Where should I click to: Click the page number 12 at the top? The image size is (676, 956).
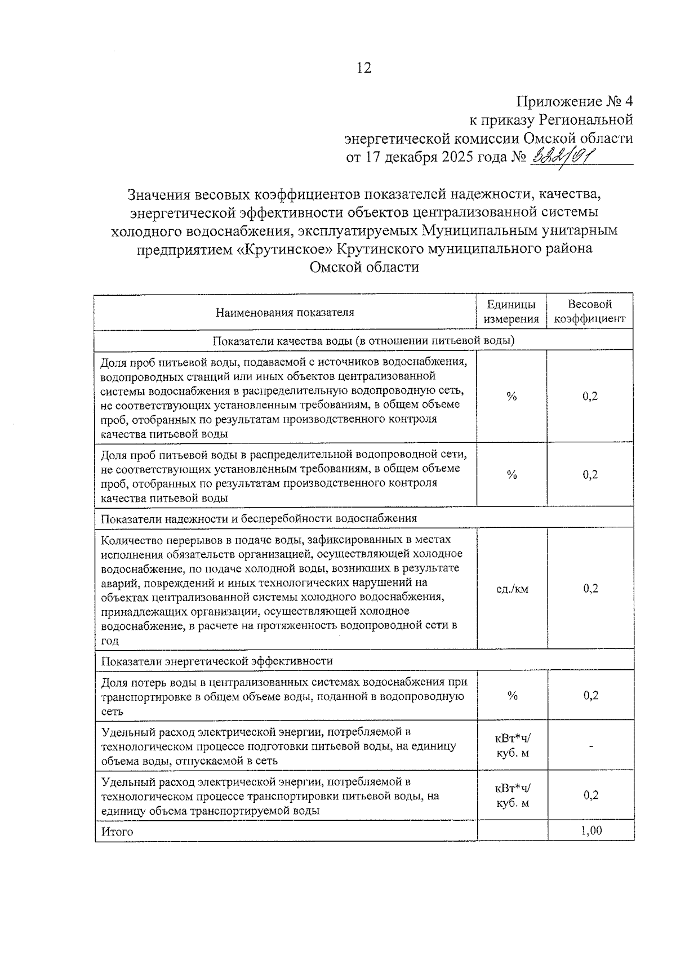pyautogui.click(x=364, y=68)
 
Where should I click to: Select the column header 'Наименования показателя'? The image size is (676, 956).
pyautogui.click(x=285, y=312)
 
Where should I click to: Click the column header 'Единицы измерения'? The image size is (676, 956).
pyautogui.click(x=512, y=312)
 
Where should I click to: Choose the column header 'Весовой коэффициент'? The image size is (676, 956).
pyautogui.click(x=590, y=312)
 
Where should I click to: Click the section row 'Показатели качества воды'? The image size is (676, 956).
pyautogui.click(x=363, y=340)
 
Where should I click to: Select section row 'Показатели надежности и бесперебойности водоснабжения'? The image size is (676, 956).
pyautogui.click(x=259, y=518)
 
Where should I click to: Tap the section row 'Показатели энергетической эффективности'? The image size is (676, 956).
pyautogui.click(x=217, y=661)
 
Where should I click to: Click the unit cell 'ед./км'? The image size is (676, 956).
pyautogui.click(x=512, y=589)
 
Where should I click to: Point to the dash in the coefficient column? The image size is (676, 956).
pyautogui.click(x=590, y=746)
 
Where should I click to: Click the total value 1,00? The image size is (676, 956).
pyautogui.click(x=591, y=830)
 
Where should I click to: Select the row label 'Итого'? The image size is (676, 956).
pyautogui.click(x=117, y=832)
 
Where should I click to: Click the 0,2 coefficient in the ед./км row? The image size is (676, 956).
pyautogui.click(x=590, y=589)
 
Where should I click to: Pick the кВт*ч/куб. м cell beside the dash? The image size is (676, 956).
pyautogui.click(x=512, y=746)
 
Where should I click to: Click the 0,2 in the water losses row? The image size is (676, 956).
pyautogui.click(x=590, y=696)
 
